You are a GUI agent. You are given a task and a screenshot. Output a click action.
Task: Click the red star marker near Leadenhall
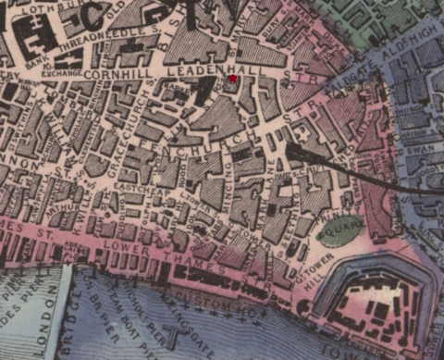(x=233, y=81)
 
